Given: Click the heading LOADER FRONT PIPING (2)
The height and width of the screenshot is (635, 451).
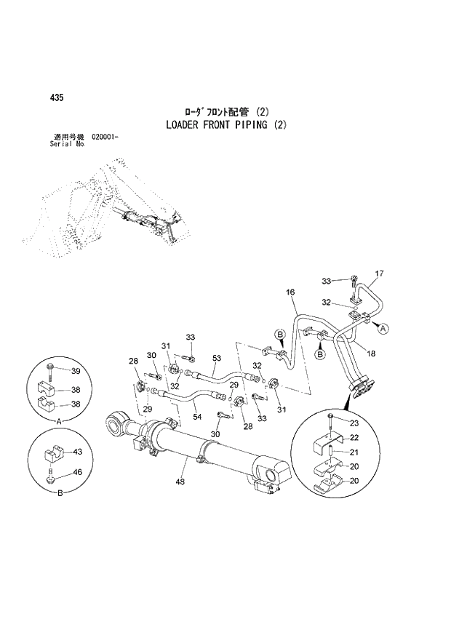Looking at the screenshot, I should [x=226, y=124].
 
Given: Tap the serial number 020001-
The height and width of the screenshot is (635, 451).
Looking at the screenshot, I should [x=105, y=137].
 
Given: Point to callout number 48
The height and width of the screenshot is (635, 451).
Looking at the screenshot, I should [x=182, y=481].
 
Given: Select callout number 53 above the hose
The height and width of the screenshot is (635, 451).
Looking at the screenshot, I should [x=217, y=358].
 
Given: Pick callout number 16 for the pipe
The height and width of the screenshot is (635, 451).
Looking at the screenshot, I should [x=290, y=292].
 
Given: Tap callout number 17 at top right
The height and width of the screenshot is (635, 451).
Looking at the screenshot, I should [x=378, y=274].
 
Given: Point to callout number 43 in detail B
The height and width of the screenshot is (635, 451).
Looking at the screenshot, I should [x=78, y=452].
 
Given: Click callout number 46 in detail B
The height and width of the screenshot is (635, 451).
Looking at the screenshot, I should [x=78, y=473].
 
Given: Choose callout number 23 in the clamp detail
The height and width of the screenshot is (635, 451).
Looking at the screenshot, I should [x=354, y=423].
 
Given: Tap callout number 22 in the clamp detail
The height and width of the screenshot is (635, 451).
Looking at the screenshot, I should [x=354, y=437].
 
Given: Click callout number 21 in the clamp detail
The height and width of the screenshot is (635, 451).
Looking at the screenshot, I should [x=354, y=452].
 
